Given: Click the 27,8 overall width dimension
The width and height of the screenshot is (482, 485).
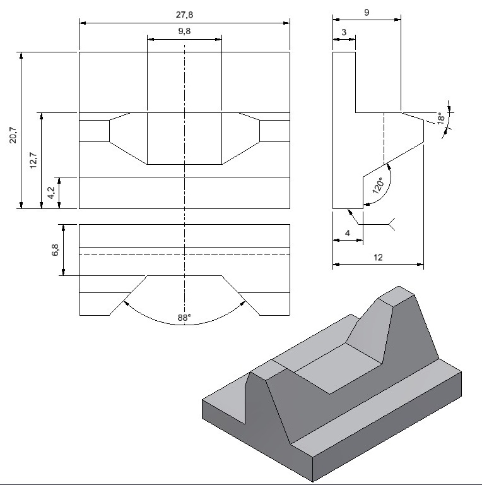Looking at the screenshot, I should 184,13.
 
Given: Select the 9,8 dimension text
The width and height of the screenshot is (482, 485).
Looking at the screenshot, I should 184,31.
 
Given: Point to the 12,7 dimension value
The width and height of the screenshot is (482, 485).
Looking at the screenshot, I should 33,161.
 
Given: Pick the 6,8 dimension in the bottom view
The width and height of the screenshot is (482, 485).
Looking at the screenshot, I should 55,250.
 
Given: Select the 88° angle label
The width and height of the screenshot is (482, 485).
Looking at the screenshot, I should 184,318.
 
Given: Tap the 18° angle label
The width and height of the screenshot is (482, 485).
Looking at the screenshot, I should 441,117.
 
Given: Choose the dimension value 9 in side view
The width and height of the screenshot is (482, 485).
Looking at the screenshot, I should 367,12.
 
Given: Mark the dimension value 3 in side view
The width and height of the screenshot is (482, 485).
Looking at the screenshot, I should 344,32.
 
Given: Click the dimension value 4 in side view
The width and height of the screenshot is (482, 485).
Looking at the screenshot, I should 348,233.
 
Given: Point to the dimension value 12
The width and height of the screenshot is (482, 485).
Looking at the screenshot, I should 378,258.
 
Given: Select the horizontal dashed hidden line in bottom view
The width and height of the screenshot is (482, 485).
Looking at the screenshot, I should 184,254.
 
